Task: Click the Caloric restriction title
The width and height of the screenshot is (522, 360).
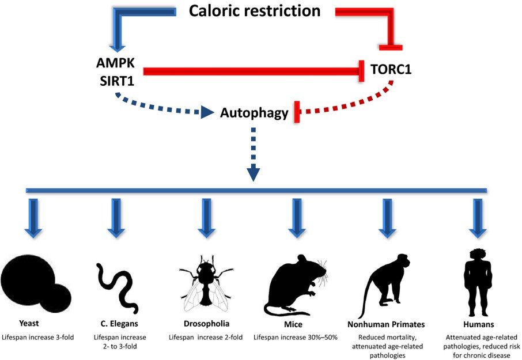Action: pos(255,10)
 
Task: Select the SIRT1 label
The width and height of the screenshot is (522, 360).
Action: pos(116,81)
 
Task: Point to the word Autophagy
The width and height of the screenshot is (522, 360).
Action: pos(254,113)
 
